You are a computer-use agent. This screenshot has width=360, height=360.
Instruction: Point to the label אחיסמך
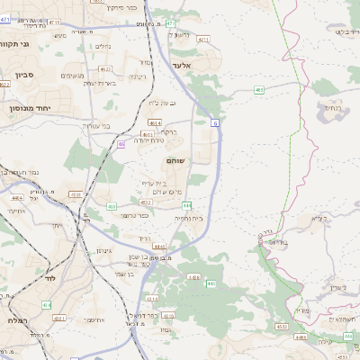pos(94,319)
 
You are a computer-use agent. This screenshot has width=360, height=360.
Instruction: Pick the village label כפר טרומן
pos(135,215)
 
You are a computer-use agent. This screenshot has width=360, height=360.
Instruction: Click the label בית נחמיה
pos(187,219)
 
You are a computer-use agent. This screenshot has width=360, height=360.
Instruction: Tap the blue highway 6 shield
pos(216,121)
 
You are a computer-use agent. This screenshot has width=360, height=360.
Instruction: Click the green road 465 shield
pos(259,89)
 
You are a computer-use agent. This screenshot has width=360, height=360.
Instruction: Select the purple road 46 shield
pos(121,143)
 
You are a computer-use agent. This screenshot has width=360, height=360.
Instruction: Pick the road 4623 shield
pos(105,68)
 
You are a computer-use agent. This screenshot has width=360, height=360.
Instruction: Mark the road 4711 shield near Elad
pos(203,40)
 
